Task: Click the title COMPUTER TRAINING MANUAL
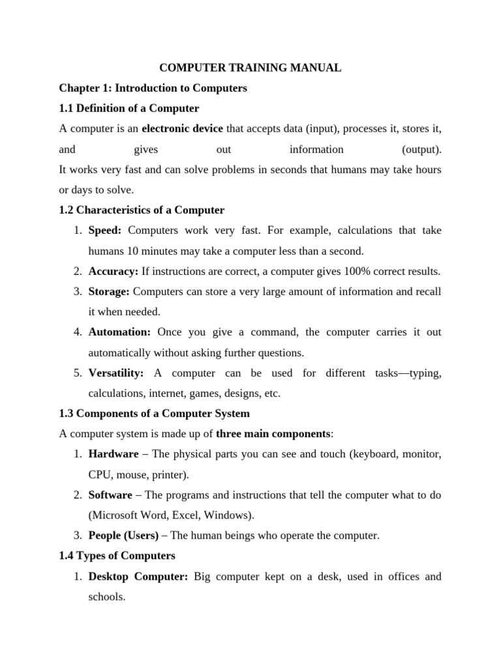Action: tap(250, 67)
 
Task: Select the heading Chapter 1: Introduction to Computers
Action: tap(153, 88)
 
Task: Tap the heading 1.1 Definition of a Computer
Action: tap(129, 108)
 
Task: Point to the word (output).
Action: tap(421, 149)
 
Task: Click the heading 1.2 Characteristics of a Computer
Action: tap(142, 210)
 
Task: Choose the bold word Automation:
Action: tap(119, 332)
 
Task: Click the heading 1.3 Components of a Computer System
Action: tap(154, 414)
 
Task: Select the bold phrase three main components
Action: tap(273, 434)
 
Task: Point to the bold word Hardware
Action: tap(114, 454)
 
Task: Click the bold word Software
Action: tap(110, 495)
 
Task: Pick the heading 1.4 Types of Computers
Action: tap(117, 556)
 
